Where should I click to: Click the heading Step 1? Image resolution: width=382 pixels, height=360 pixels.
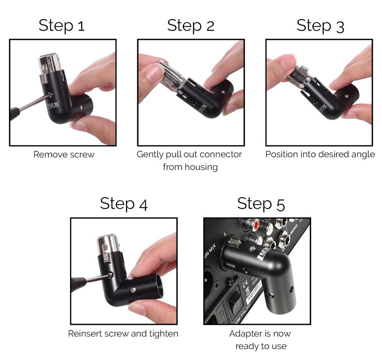(62, 25)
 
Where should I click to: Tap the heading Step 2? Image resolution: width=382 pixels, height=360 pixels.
(191, 25)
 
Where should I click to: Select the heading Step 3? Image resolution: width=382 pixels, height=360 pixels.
(320, 25)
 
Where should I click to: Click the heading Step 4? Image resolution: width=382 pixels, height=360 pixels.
(123, 204)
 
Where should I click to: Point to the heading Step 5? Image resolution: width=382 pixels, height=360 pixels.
(261, 204)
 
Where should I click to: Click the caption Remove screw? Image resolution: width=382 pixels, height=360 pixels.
(64, 154)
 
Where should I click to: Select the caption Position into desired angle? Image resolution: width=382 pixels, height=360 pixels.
(320, 154)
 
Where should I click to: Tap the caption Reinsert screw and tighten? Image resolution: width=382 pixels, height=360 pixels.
(123, 333)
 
